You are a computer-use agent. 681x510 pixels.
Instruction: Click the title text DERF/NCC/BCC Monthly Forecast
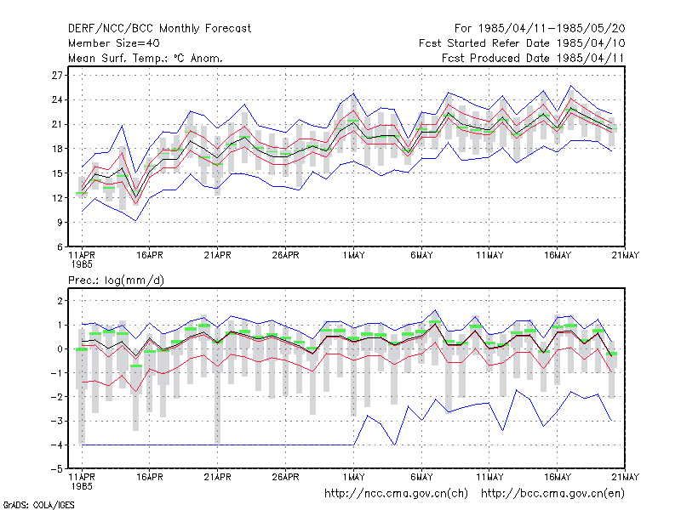159,29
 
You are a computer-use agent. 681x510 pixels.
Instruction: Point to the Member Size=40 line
114,43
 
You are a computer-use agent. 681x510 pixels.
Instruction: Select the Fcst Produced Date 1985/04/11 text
533,58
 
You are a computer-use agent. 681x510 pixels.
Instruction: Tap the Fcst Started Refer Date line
522,43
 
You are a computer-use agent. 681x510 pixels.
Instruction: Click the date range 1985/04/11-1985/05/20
552,29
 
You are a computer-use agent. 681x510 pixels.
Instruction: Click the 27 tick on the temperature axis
57,76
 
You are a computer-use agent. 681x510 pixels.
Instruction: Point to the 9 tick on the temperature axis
60,223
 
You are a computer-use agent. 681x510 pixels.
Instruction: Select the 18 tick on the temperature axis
57,149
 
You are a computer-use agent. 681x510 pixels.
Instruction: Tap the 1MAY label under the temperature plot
353,256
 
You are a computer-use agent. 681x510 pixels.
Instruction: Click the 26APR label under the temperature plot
285,256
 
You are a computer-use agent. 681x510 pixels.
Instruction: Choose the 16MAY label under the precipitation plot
558,477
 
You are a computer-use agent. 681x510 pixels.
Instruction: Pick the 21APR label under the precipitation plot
217,477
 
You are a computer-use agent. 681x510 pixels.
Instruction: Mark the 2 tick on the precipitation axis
60,301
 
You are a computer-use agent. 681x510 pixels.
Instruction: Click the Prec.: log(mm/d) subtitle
116,280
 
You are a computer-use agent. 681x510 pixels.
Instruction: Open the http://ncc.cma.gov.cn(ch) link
396,494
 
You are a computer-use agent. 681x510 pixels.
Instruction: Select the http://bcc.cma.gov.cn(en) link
552,494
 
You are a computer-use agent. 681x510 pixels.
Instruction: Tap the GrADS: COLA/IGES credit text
38,505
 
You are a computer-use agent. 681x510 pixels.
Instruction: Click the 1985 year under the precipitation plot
82,486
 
